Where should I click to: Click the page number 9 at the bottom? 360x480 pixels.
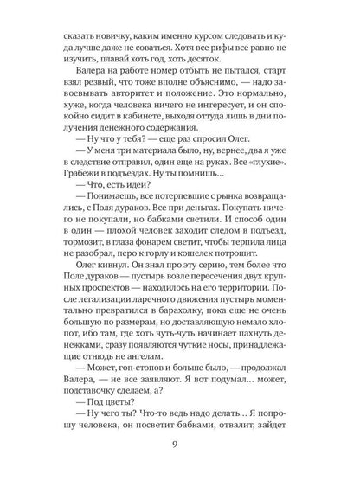coord(180,446)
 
